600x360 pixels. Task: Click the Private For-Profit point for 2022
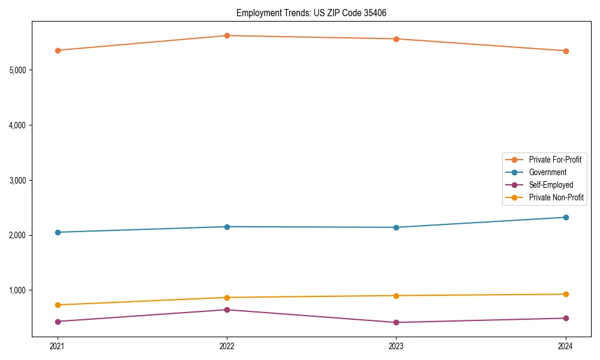(227, 35)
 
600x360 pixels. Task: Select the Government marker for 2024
(566, 217)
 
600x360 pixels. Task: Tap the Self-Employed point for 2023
(396, 322)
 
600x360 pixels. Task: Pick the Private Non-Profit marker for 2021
(58, 305)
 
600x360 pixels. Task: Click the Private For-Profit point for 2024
(566, 51)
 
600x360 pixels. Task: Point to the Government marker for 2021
(58, 232)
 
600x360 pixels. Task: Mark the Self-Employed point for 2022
(227, 310)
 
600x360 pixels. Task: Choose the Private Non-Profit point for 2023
(396, 296)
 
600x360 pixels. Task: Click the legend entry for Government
(547, 172)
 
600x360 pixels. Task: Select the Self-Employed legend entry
(551, 185)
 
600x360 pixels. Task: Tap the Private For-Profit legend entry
(554, 160)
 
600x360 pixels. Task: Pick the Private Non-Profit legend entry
(556, 197)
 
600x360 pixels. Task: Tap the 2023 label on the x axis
(396, 346)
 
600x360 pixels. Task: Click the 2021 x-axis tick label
(58, 346)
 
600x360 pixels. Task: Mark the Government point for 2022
(227, 227)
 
